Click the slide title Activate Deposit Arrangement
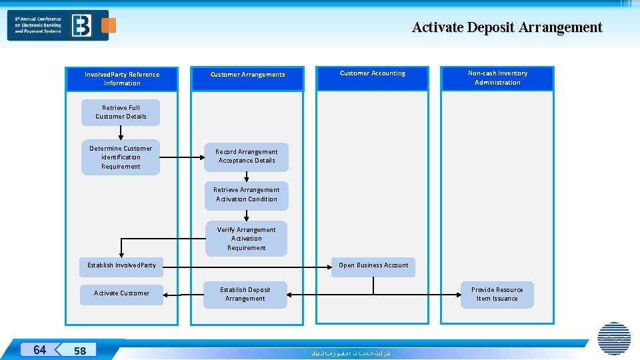[507, 27]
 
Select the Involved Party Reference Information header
[122, 79]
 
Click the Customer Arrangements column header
[247, 75]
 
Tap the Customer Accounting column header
[372, 73]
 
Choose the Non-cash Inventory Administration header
[497, 78]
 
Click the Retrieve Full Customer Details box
[121, 112]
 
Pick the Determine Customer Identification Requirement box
[121, 157]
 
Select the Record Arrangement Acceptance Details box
[247, 157]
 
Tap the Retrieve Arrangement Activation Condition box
[247, 195]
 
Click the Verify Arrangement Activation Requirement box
[246, 239]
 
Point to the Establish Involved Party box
[121, 265]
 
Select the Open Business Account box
[373, 265]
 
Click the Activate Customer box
[121, 293]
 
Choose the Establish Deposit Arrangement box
[245, 294]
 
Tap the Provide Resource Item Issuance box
[497, 294]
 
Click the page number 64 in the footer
[40, 350]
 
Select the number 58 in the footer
[80, 351]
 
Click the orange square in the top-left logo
[109, 25]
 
